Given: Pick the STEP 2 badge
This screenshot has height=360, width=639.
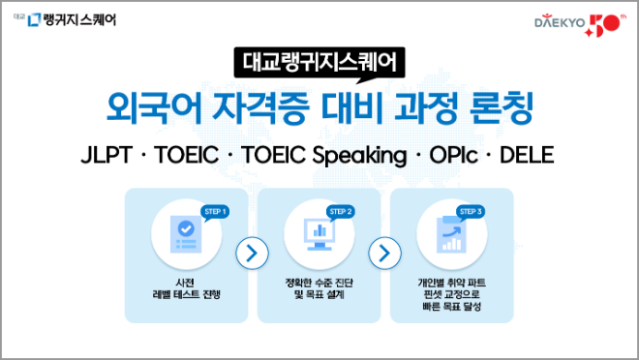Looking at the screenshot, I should pos(342,211).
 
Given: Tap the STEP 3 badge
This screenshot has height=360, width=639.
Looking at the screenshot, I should pos(471,211).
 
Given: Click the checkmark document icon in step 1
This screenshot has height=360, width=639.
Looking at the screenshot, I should pos(185,234).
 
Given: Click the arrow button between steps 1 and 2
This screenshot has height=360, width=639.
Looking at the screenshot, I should pos(253,254).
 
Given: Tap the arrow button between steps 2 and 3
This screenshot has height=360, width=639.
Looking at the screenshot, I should pos(385,254).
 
